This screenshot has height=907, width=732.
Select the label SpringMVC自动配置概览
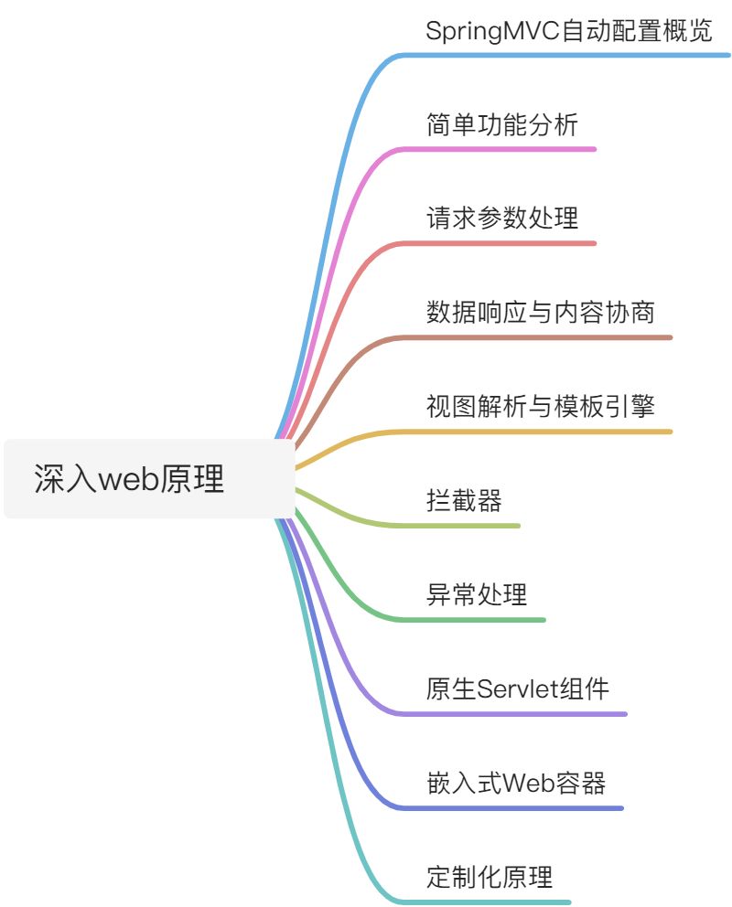[x=568, y=30]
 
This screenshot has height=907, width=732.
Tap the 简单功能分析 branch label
[x=501, y=124]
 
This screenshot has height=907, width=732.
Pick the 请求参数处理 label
[x=501, y=219]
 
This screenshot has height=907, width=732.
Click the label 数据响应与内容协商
[x=540, y=313]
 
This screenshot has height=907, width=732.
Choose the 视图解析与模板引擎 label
[x=540, y=407]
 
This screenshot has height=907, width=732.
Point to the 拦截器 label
[x=464, y=501]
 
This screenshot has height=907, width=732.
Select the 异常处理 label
[x=476, y=595]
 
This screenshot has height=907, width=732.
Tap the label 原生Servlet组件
[x=518, y=688]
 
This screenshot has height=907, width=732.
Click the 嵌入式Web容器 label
[x=515, y=784]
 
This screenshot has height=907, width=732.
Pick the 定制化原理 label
[x=490, y=878]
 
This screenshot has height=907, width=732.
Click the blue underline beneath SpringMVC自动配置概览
[x=567, y=56]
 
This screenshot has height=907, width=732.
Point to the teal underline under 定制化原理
[x=494, y=902]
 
